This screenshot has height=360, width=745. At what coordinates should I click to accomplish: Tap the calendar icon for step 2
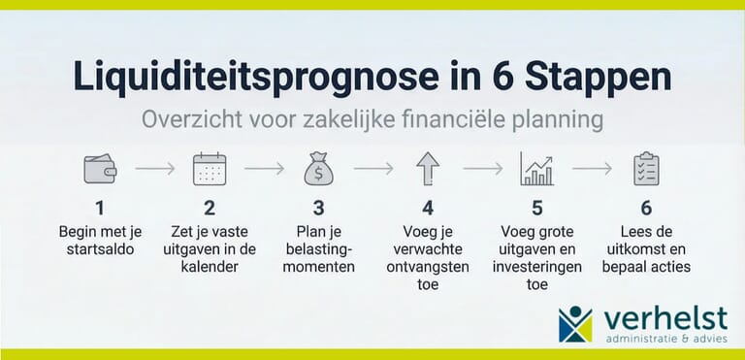click(209, 169)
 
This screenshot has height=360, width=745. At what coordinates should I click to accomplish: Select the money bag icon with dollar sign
click(318, 169)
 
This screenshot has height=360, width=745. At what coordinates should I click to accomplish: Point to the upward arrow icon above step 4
click(428, 169)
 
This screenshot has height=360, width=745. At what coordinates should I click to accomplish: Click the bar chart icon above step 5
click(536, 169)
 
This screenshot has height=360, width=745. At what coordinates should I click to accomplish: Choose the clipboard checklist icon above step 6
click(646, 169)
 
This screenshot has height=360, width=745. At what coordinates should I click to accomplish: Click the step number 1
click(99, 208)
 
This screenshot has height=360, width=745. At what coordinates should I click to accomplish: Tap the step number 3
click(318, 208)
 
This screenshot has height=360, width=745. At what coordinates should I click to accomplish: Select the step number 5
click(536, 208)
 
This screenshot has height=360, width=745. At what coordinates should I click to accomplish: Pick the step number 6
click(646, 208)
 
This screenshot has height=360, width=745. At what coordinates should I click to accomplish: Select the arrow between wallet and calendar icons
click(154, 169)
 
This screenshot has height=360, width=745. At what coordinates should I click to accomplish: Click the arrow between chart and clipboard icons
click(592, 169)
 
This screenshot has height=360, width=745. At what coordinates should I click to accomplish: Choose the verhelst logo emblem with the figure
click(575, 324)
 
